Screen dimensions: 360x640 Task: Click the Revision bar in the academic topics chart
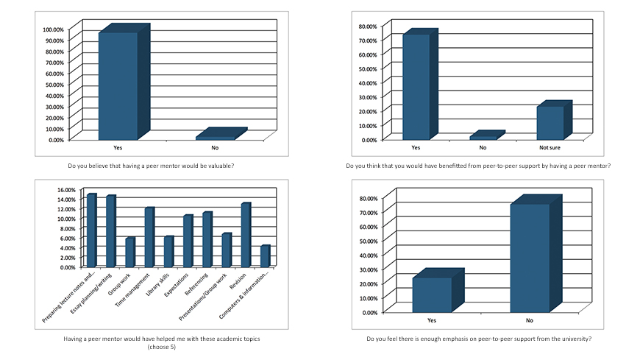(x=245, y=236)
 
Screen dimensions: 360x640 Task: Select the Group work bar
(x=129, y=253)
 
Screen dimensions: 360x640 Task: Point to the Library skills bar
(x=168, y=252)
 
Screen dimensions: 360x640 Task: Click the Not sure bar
(x=550, y=122)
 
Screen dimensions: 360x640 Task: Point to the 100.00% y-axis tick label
(x=54, y=29)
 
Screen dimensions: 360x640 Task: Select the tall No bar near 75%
(x=530, y=258)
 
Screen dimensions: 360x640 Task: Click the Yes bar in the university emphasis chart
(x=432, y=294)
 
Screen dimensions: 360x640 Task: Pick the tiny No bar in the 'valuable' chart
(x=216, y=137)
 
